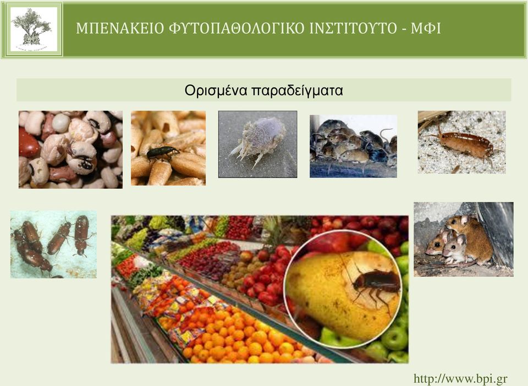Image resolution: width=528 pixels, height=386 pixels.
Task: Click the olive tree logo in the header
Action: (x=34, y=29)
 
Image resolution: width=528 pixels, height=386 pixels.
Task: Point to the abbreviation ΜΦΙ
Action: (x=426, y=28)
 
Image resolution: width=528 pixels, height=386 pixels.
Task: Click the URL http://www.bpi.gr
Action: (x=460, y=379)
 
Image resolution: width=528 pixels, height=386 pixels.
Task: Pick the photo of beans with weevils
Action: (x=71, y=150)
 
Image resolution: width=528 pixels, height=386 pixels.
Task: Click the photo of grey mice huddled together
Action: (x=353, y=146)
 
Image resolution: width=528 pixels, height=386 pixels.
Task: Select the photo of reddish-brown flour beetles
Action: (x=53, y=244)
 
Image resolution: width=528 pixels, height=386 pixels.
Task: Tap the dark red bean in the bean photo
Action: (x=28, y=144)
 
